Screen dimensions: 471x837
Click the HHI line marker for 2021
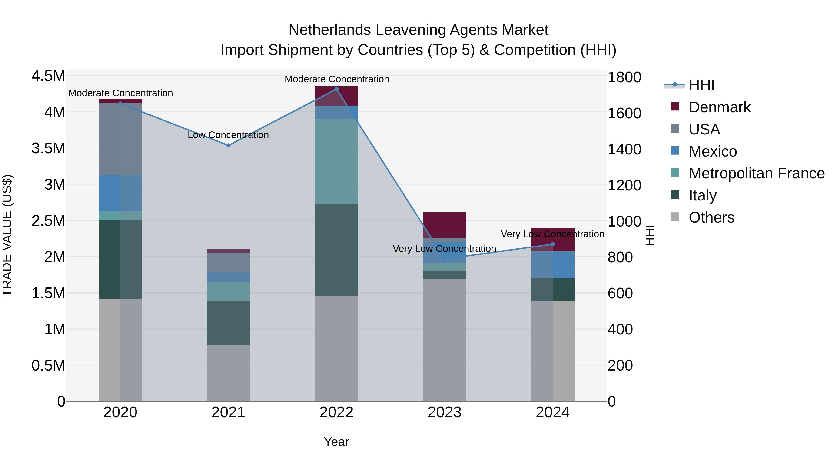point(228,145)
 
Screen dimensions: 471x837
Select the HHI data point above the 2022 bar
point(336,89)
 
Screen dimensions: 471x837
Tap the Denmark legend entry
point(719,107)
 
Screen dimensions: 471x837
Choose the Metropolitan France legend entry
point(756,173)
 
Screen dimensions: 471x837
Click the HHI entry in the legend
point(701,85)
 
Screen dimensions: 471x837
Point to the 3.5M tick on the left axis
point(48,149)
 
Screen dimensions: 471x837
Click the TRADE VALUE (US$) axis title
point(7,235)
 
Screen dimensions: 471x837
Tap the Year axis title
point(336,442)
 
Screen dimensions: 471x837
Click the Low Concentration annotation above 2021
point(228,135)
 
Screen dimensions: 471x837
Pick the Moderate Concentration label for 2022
point(337,79)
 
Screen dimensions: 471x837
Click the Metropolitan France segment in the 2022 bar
point(336,162)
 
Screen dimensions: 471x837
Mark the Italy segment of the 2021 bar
point(228,323)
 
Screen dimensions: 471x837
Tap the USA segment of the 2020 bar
point(120,139)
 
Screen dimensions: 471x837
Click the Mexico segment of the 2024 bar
point(552,264)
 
